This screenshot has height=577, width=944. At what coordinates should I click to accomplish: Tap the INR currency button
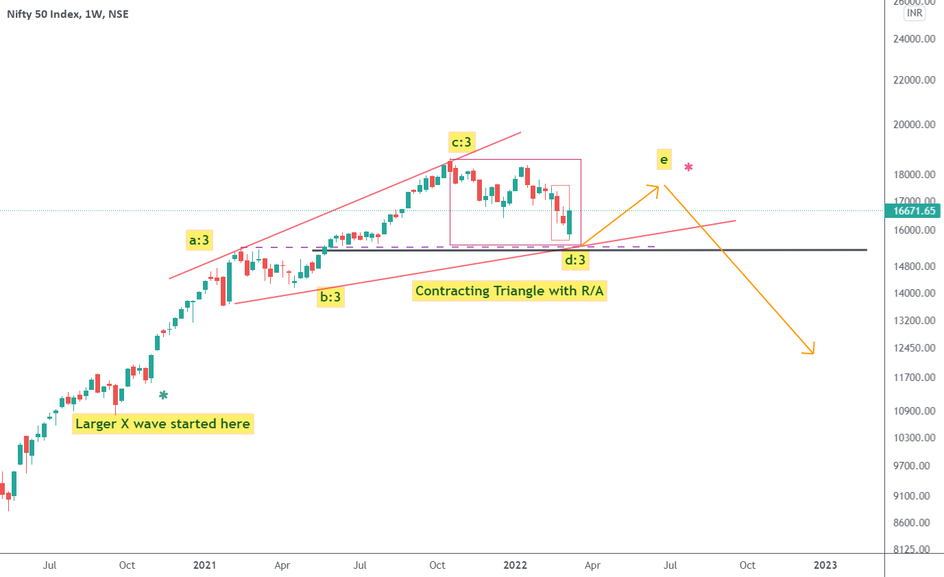(x=913, y=13)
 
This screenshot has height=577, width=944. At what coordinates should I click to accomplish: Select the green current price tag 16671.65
(x=914, y=211)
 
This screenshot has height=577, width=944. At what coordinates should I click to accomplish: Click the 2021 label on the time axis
(x=204, y=565)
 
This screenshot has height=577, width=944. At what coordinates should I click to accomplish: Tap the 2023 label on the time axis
(x=825, y=565)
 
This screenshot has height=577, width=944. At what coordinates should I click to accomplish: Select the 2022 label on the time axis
(x=515, y=565)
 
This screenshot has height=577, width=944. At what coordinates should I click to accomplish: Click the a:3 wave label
(x=199, y=240)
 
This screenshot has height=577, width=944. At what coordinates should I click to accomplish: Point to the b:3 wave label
(x=330, y=297)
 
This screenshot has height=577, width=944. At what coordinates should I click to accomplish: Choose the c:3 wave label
(x=461, y=143)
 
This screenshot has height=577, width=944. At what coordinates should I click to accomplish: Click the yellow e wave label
(x=663, y=160)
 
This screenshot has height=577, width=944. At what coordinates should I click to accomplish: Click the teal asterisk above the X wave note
(x=163, y=395)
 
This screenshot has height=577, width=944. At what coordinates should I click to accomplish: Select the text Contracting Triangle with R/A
(x=511, y=291)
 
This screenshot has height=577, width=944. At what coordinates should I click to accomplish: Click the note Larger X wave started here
(x=162, y=424)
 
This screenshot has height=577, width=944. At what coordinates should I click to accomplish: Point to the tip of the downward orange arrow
(x=813, y=354)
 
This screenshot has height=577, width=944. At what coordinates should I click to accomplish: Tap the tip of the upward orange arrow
(x=659, y=186)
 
